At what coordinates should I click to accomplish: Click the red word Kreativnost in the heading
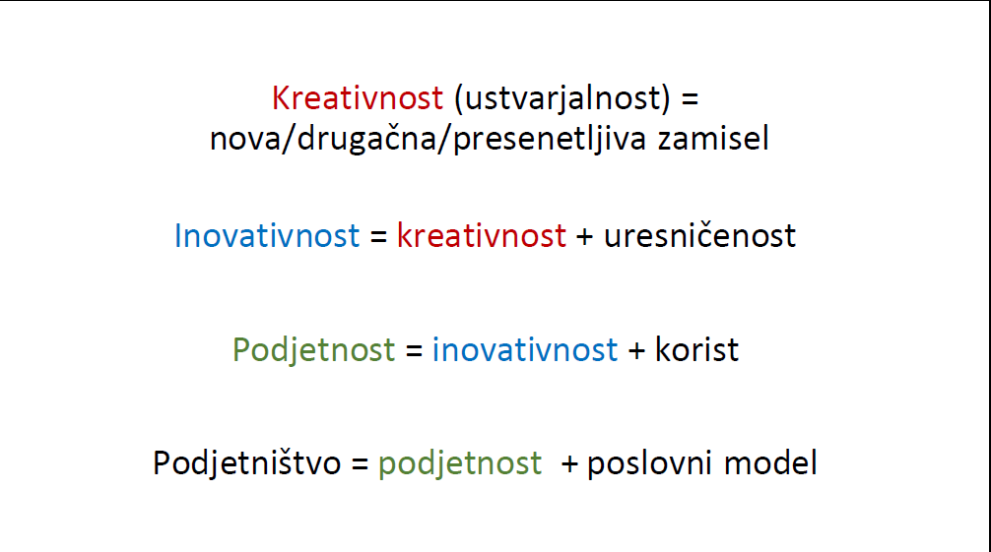coord(358,98)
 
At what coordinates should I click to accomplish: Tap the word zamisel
coord(713,138)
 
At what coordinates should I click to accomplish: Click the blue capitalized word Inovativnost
coord(267,235)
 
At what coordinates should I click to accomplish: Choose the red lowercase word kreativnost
coord(481,235)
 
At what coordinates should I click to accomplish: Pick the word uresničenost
coord(699,235)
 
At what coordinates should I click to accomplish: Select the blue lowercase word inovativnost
coord(525,350)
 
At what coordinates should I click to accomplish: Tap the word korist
coord(696,350)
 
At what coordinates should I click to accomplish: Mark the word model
coord(770,462)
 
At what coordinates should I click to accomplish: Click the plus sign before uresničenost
coord(584,237)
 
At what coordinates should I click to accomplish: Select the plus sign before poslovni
coord(569,464)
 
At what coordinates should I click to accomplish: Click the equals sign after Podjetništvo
coord(360,464)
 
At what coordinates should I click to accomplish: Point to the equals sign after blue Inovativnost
coord(378,237)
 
